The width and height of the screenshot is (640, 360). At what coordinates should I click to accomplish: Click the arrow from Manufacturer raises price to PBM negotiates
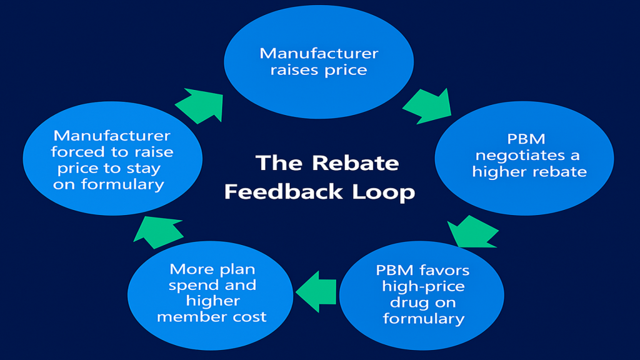(x=427, y=103)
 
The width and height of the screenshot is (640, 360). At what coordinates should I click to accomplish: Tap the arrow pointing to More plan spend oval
(x=316, y=291)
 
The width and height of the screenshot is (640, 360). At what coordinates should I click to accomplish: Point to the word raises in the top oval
(x=294, y=69)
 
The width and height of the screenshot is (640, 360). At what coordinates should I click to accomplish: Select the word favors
(x=446, y=270)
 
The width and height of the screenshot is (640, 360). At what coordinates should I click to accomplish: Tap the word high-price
(x=422, y=286)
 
